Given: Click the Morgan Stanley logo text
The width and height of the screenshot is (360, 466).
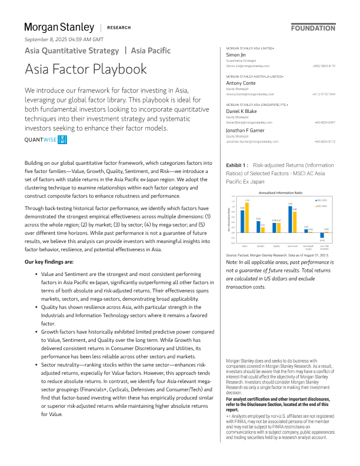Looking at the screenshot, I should (x=59, y=27).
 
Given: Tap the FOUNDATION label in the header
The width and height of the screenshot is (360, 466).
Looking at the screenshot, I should (x=314, y=28).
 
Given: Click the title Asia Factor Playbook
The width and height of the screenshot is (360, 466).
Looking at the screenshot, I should (x=86, y=69).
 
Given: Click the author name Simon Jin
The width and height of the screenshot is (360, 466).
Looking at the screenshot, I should (x=236, y=54).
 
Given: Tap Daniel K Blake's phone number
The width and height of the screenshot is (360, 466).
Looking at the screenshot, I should (x=324, y=122).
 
